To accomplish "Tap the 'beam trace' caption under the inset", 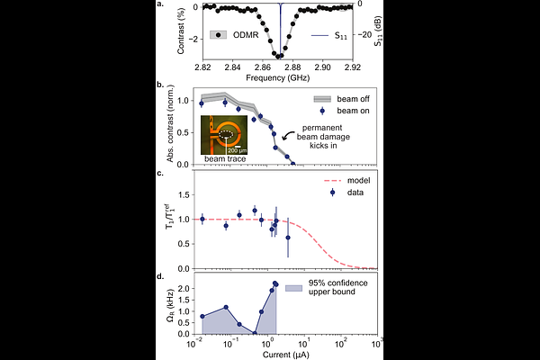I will click(x=224, y=158).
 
